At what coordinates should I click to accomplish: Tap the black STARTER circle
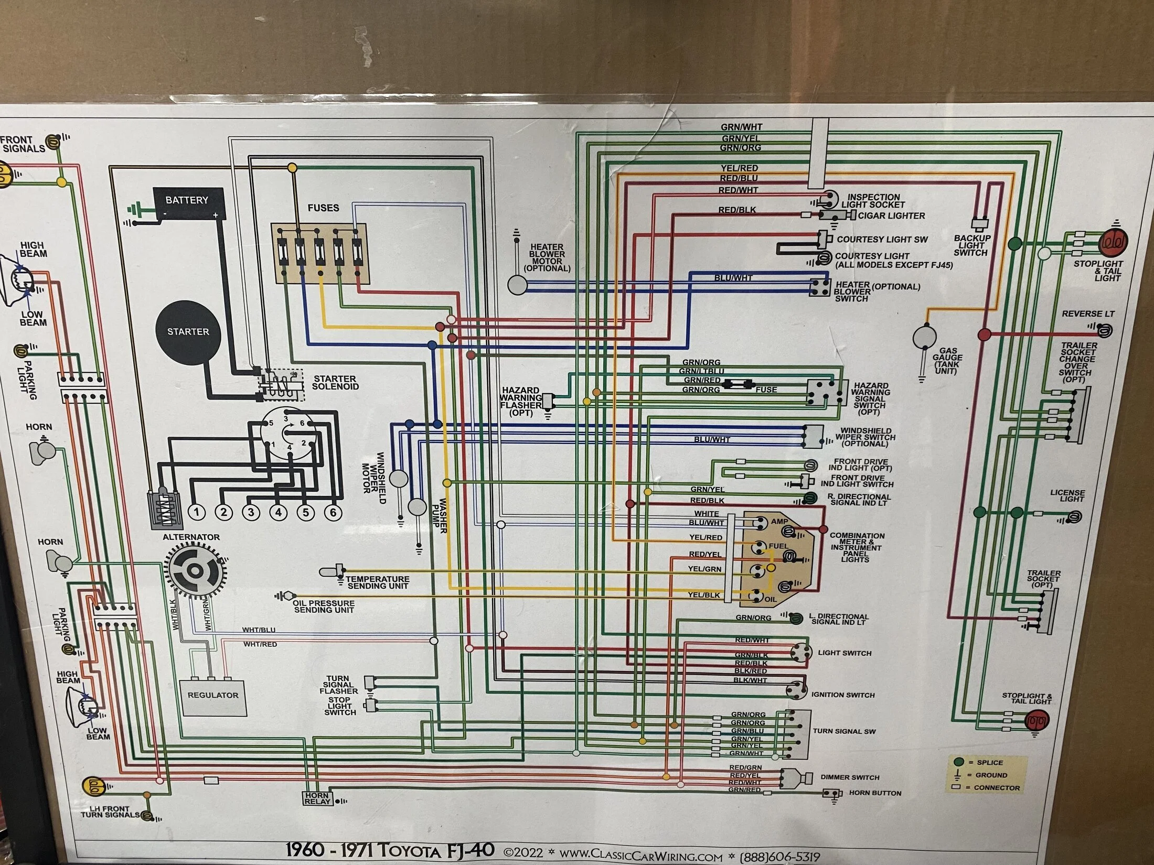188,332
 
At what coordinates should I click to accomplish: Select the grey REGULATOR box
212,697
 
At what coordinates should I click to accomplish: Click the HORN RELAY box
318,798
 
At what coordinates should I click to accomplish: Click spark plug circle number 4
278,512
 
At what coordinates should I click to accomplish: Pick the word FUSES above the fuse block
323,208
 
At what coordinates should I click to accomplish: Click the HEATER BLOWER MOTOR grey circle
517,285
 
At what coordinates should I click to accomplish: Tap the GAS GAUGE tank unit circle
924,338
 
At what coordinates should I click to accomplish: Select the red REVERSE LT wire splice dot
984,334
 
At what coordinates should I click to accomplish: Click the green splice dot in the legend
959,762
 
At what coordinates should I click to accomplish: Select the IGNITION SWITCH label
843,695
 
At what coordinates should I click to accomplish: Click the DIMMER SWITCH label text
850,777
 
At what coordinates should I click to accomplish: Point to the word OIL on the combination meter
771,599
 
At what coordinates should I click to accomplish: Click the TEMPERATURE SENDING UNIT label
378,582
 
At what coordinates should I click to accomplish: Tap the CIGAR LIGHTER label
891,215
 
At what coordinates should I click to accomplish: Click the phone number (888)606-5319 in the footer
779,857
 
